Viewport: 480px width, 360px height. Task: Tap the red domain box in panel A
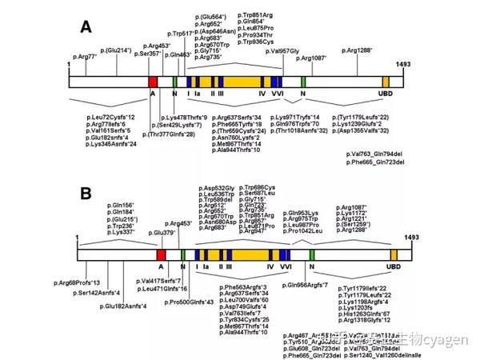(x=153, y=81)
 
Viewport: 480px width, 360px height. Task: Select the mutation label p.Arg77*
(x=85, y=58)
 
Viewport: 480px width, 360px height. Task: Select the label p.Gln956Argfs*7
(x=307, y=286)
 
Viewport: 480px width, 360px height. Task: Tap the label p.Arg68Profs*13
(x=77, y=282)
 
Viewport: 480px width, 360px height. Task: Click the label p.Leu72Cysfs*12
(x=111, y=117)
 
